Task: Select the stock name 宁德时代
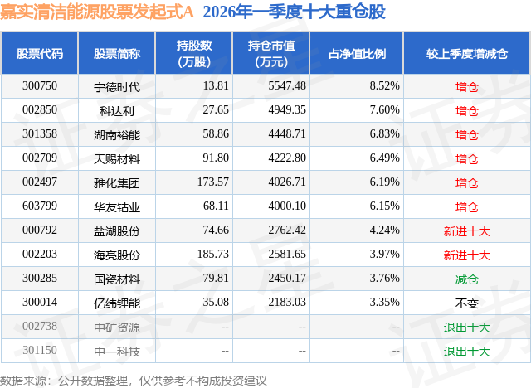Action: pos(117,85)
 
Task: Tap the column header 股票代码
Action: pos(40,53)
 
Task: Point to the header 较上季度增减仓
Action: pos(467,53)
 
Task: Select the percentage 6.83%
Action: pos(384,134)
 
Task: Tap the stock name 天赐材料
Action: pos(117,158)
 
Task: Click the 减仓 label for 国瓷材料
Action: pos(467,279)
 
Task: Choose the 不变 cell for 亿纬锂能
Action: pos(467,303)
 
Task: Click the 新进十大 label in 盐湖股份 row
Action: pos(467,231)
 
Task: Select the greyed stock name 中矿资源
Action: pos(117,327)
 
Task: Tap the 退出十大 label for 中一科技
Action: pos(467,352)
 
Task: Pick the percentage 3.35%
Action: pos(384,303)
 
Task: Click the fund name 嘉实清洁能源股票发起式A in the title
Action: pos(98,12)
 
